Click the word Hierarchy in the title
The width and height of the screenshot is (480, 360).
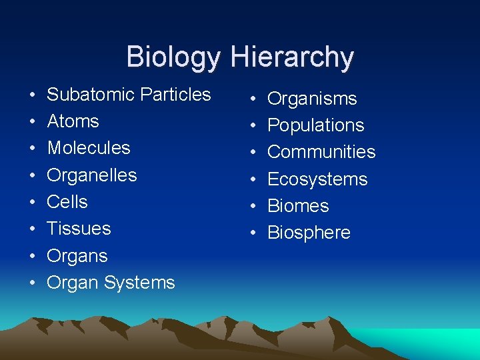tap(293, 57)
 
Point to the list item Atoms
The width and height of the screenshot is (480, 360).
tap(73, 121)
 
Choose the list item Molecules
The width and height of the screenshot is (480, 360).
tap(89, 148)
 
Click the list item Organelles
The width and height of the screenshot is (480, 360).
tap(92, 175)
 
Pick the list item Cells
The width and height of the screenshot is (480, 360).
tap(67, 202)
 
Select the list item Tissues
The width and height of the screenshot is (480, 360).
tap(79, 229)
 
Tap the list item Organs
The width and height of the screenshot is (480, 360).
tap(77, 256)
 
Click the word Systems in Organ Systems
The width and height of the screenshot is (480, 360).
tap(139, 283)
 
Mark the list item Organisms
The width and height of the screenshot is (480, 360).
tap(312, 99)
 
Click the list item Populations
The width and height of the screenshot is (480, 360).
tap(316, 125)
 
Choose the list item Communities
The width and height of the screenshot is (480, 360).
tap(321, 152)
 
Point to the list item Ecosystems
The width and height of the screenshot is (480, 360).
tap(317, 179)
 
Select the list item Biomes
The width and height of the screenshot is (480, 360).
tap(298, 206)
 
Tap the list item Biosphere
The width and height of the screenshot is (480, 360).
tap(309, 233)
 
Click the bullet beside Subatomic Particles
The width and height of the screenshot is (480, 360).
tap(32, 96)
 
